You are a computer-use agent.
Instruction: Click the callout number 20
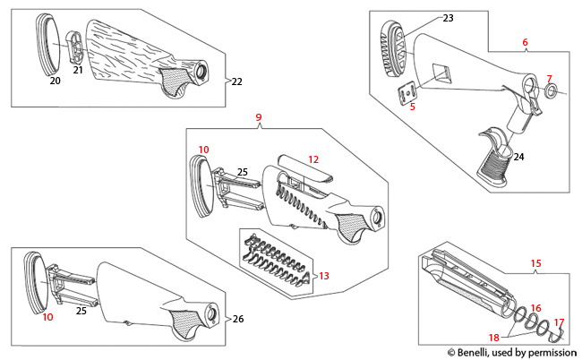54,81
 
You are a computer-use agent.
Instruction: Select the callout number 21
78,70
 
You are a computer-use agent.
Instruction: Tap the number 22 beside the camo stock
236,81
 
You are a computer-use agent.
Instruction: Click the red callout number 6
525,42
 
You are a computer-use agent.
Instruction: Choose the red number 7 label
550,79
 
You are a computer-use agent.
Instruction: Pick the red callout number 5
413,107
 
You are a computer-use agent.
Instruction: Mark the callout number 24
519,157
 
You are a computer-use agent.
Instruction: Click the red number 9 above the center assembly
259,117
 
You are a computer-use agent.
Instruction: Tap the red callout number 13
324,275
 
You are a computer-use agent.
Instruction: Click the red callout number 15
536,263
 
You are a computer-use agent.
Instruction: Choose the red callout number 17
559,322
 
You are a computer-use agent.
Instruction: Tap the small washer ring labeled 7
552,90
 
